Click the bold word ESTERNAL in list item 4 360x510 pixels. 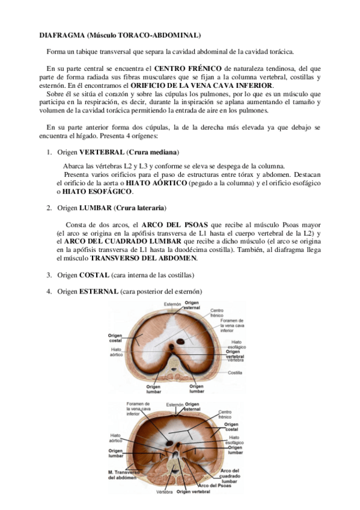[x=99, y=292]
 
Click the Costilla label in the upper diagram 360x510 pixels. [x=235, y=372]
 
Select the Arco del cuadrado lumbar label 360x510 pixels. [x=230, y=476]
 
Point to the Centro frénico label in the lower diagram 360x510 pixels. [x=225, y=414]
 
